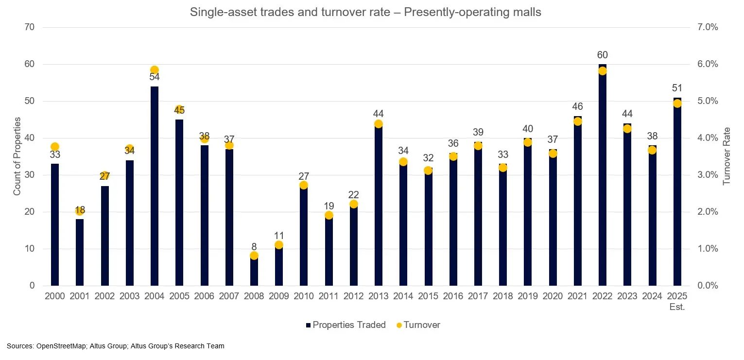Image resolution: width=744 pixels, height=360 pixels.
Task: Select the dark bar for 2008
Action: (254, 272)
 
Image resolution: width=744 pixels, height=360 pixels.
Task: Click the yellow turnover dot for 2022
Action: (603, 71)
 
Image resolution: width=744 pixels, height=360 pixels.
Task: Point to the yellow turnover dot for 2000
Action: (55, 147)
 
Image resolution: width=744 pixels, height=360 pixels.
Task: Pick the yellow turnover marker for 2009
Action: (279, 245)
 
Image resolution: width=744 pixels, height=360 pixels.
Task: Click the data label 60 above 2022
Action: (603, 55)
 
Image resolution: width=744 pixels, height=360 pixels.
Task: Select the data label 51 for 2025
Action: (677, 88)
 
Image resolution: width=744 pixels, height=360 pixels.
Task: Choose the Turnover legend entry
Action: (421, 325)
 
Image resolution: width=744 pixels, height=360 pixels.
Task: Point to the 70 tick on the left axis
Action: (29, 27)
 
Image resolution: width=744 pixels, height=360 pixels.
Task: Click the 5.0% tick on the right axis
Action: (708, 101)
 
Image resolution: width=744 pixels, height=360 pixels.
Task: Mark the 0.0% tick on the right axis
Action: (708, 286)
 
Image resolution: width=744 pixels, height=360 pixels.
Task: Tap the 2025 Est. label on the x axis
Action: (677, 302)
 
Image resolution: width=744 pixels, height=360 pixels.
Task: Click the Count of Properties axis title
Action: (17, 156)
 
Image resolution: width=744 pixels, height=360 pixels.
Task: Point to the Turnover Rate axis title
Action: (727, 156)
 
